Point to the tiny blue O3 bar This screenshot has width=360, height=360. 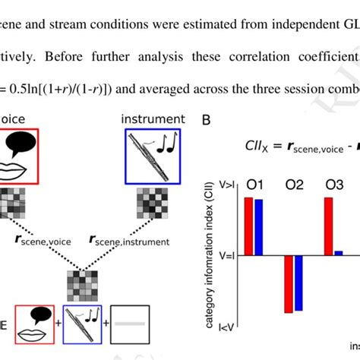point(339,253)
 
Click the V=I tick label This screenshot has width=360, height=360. point(226,255)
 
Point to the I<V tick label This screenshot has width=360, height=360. point(226,327)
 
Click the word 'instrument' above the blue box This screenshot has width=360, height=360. point(152,119)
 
